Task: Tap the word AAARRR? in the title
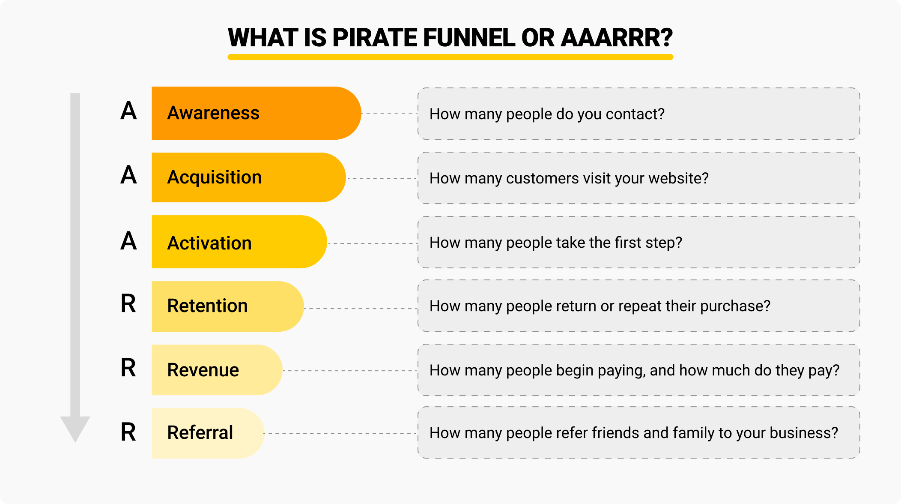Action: point(617,38)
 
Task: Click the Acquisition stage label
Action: point(214,177)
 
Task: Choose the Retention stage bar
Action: point(227,306)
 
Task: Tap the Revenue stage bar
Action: point(217,370)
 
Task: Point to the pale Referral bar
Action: point(208,433)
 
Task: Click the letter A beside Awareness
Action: point(128,111)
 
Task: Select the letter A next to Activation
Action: point(128,241)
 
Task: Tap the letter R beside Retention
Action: point(128,304)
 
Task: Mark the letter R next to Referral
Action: point(128,432)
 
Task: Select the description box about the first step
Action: point(638,243)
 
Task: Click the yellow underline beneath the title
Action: point(450,57)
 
